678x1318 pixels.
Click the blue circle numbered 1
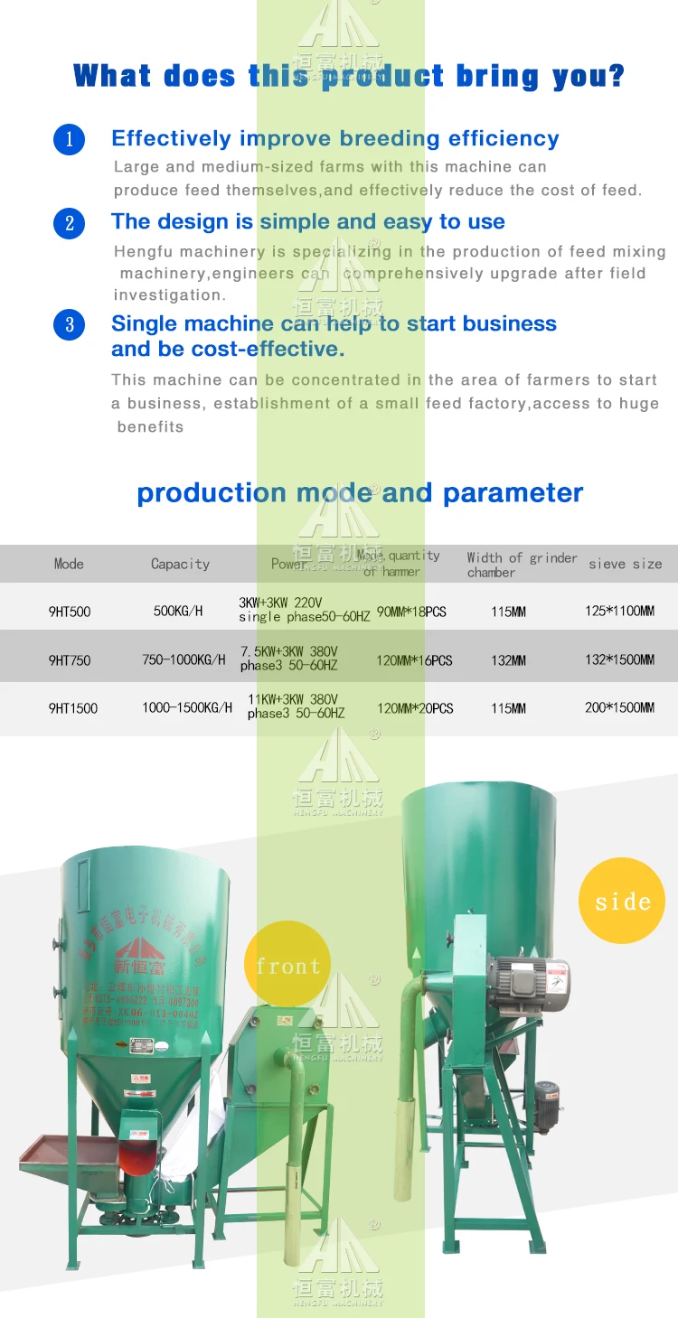tap(69, 139)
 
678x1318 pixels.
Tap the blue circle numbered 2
tap(69, 222)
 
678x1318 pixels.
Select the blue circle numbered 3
tap(69, 324)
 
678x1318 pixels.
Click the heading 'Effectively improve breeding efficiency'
tap(334, 138)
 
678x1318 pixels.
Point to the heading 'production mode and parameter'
tap(360, 492)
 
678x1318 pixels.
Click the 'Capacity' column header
tap(180, 564)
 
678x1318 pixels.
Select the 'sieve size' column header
tap(625, 564)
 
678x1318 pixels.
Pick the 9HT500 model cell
tap(70, 612)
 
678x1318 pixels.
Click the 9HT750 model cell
tap(70, 660)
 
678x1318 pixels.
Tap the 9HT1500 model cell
tap(72, 708)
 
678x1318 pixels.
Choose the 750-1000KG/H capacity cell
tap(184, 660)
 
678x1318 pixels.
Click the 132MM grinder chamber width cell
tap(508, 660)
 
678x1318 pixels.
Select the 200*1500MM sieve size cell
tap(619, 708)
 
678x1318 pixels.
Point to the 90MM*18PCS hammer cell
tap(411, 612)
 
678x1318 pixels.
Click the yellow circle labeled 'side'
tap(622, 901)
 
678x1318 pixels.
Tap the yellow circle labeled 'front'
tap(287, 965)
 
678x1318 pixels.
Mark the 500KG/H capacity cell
tap(178, 612)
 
